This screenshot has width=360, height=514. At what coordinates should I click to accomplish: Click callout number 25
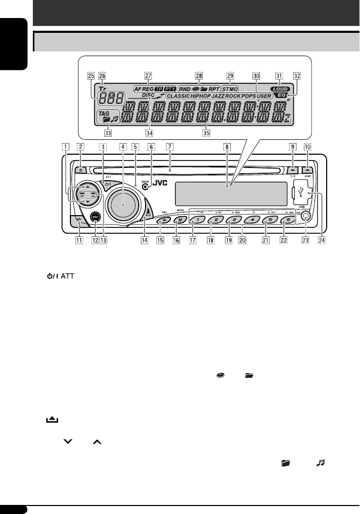click(x=91, y=75)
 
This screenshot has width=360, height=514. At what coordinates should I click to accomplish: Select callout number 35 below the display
click(x=206, y=133)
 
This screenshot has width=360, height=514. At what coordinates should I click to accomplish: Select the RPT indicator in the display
click(x=212, y=89)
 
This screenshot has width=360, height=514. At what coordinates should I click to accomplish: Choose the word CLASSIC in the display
click(x=181, y=97)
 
